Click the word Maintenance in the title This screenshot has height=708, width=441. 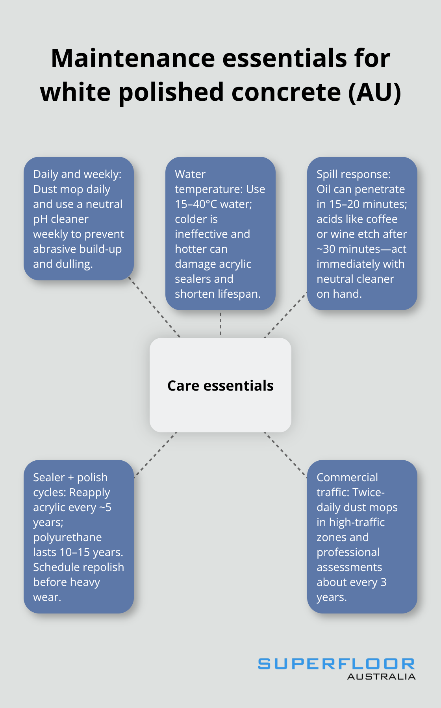click(133, 58)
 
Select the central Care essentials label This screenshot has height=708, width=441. click(220, 386)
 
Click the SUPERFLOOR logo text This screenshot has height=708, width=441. click(336, 664)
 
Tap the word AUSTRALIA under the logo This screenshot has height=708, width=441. click(381, 677)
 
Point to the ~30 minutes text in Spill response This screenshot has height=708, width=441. click(348, 249)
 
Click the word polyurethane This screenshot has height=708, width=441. click(67, 537)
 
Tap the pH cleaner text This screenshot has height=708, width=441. click(61, 219)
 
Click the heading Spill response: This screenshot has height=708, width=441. click(354, 174)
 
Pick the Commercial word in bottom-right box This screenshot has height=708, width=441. click(347, 477)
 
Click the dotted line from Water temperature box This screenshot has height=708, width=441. click(220, 324)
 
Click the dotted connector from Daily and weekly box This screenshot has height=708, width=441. click(154, 308)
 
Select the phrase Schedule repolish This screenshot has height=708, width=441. click(78, 567)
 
